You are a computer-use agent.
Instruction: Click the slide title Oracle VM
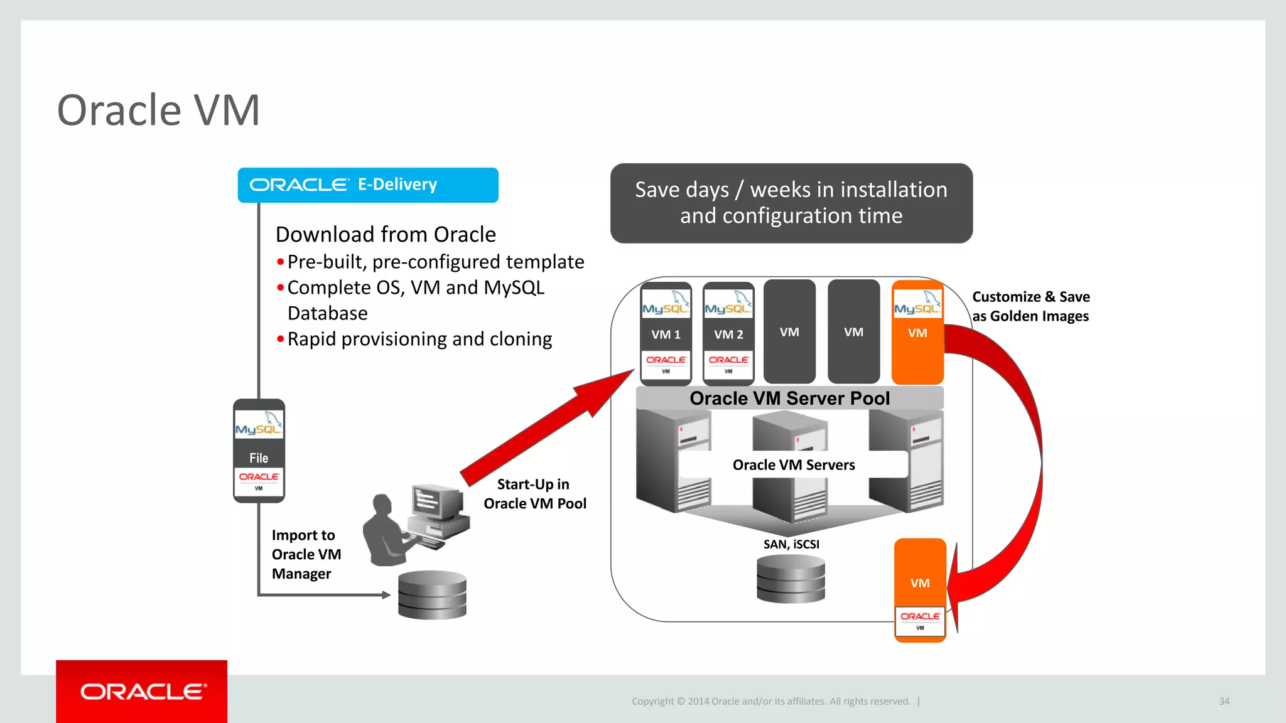pyautogui.click(x=158, y=110)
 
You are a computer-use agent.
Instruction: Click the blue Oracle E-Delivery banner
pyautogui.click(x=368, y=185)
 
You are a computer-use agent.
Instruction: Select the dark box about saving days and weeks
pyautogui.click(x=791, y=203)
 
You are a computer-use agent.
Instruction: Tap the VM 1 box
pyautogui.click(x=666, y=334)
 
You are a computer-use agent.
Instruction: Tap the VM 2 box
pyautogui.click(x=728, y=334)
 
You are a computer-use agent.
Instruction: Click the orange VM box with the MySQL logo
pyautogui.click(x=917, y=332)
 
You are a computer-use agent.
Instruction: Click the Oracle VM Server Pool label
pyautogui.click(x=789, y=398)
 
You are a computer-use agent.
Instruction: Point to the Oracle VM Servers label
pyautogui.click(x=794, y=464)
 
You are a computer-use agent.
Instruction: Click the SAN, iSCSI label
pyautogui.click(x=791, y=544)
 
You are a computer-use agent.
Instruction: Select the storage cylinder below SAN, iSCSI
pyautogui.click(x=791, y=579)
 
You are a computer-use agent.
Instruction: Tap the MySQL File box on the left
pyautogui.click(x=259, y=450)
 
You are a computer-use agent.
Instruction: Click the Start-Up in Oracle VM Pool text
pyautogui.click(x=534, y=494)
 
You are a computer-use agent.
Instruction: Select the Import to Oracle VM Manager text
pyautogui.click(x=306, y=554)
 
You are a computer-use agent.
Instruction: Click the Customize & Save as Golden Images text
pyautogui.click(x=1030, y=306)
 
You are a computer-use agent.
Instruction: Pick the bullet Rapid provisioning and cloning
pyautogui.click(x=419, y=339)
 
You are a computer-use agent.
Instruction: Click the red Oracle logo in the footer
pyautogui.click(x=142, y=692)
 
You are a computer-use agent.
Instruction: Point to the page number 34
pyautogui.click(x=1224, y=701)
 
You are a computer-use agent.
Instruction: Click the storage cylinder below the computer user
pyautogui.click(x=432, y=594)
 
